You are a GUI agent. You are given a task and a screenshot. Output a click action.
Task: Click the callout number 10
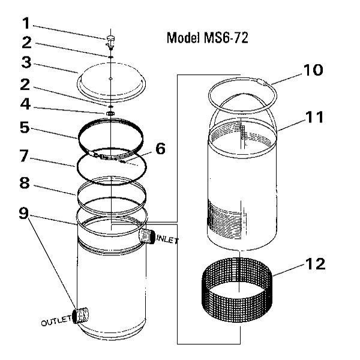pos(313,70)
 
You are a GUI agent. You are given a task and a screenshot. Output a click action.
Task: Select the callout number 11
pos(313,116)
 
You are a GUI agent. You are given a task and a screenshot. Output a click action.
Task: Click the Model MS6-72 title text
pos(207,38)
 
